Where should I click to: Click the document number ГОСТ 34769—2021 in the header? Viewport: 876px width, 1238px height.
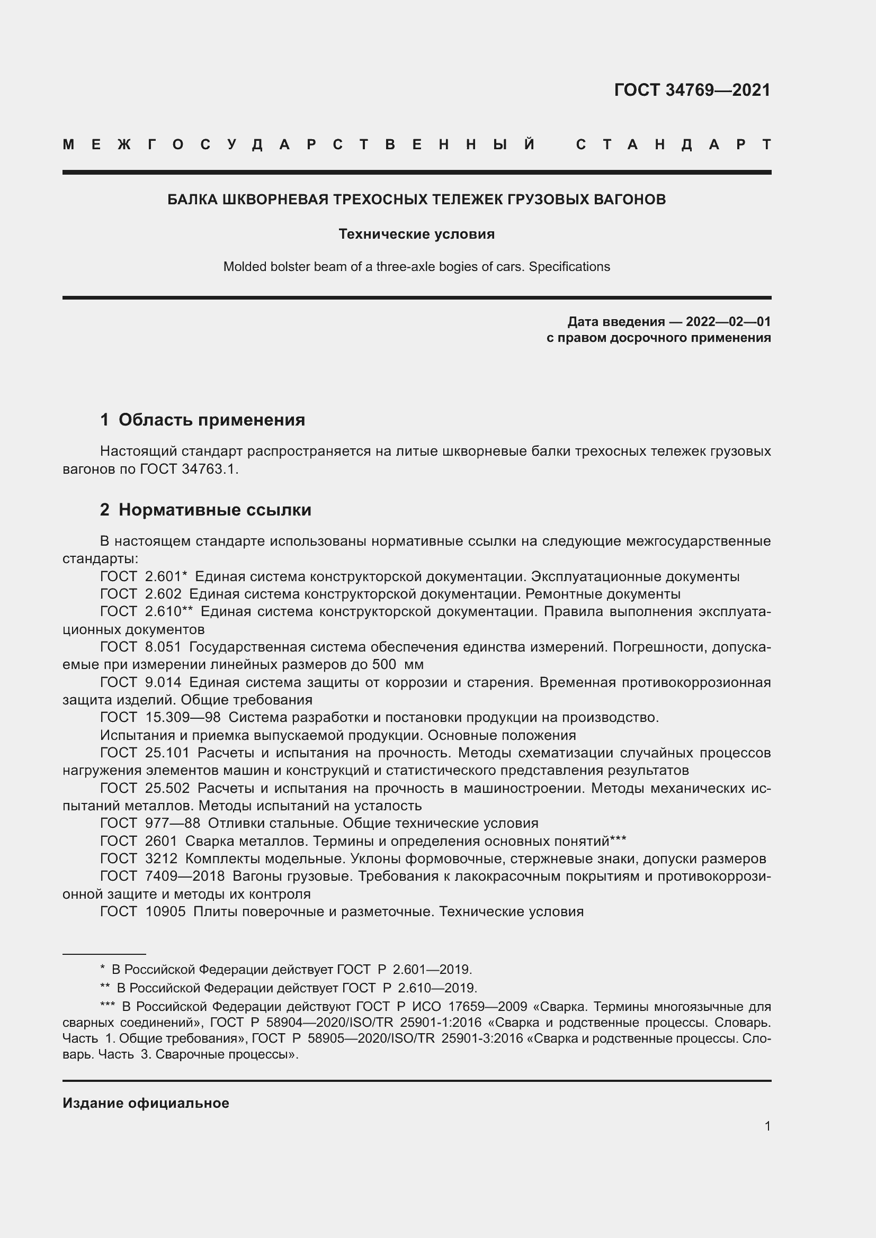click(x=692, y=90)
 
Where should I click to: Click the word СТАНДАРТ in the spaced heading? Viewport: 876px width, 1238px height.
click(x=673, y=144)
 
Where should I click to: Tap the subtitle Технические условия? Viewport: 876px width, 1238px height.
click(x=416, y=234)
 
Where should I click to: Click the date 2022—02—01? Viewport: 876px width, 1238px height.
click(x=728, y=322)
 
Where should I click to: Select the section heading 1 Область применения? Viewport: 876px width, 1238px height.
click(x=203, y=420)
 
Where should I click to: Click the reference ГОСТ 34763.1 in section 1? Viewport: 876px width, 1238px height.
click(x=188, y=469)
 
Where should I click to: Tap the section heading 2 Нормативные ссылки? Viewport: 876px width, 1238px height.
click(x=205, y=510)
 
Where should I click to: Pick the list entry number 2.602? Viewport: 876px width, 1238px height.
click(x=163, y=594)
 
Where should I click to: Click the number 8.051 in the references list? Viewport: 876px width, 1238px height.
click(x=163, y=647)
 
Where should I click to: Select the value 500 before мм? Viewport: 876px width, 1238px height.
click(x=385, y=664)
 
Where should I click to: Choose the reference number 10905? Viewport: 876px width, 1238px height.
click(x=165, y=912)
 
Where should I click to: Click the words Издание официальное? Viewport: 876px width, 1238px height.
click(x=146, y=1103)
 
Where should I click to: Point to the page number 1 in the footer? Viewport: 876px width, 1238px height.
click(x=767, y=1126)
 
